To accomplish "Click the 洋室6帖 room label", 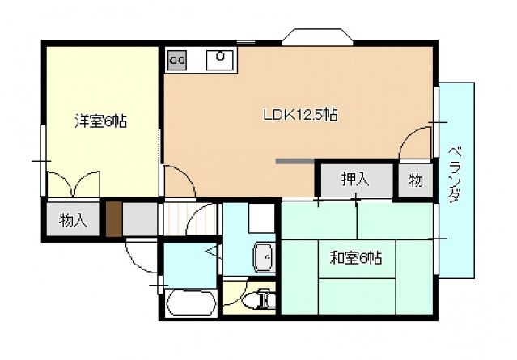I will (x=100, y=121).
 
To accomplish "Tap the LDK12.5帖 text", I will (x=299, y=115).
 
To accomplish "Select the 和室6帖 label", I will (x=355, y=258).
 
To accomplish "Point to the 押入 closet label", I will (x=354, y=180).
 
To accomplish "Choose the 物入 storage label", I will (x=74, y=219).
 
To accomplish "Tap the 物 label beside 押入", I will (x=414, y=180).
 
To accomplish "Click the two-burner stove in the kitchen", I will (x=178, y=59).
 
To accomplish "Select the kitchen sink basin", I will (x=220, y=58).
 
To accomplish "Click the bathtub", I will (x=190, y=303).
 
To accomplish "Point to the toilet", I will (x=259, y=299).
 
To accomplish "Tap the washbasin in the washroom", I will (x=263, y=257).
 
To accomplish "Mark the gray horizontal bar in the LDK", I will (x=295, y=161).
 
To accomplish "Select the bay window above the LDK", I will (x=318, y=36).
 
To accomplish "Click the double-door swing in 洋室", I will (x=74, y=185).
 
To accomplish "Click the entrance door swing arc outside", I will (x=142, y=257).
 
